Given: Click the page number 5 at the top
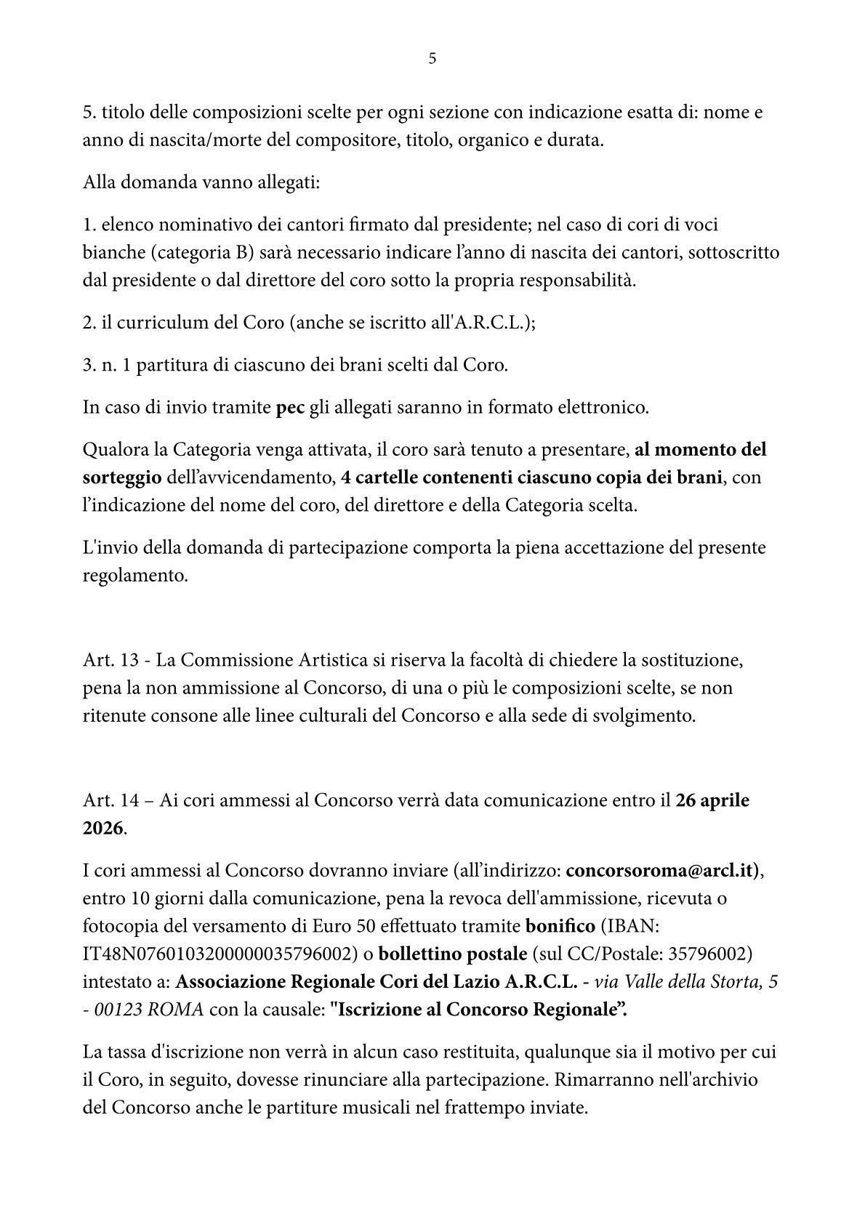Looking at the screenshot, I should [432, 59].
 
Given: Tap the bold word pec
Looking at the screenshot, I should [290, 407].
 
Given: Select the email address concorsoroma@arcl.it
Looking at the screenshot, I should [661, 870].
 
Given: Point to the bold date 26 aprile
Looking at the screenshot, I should [712, 800].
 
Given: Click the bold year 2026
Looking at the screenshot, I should [102, 828].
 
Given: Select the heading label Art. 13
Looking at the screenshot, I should [110, 660].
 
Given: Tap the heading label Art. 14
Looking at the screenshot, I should [110, 800].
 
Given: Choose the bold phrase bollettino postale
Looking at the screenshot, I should [453, 953].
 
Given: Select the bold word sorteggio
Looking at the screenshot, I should [122, 478].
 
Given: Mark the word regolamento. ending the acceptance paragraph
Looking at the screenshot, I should [135, 576].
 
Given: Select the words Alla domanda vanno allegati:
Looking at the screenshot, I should [201, 182].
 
